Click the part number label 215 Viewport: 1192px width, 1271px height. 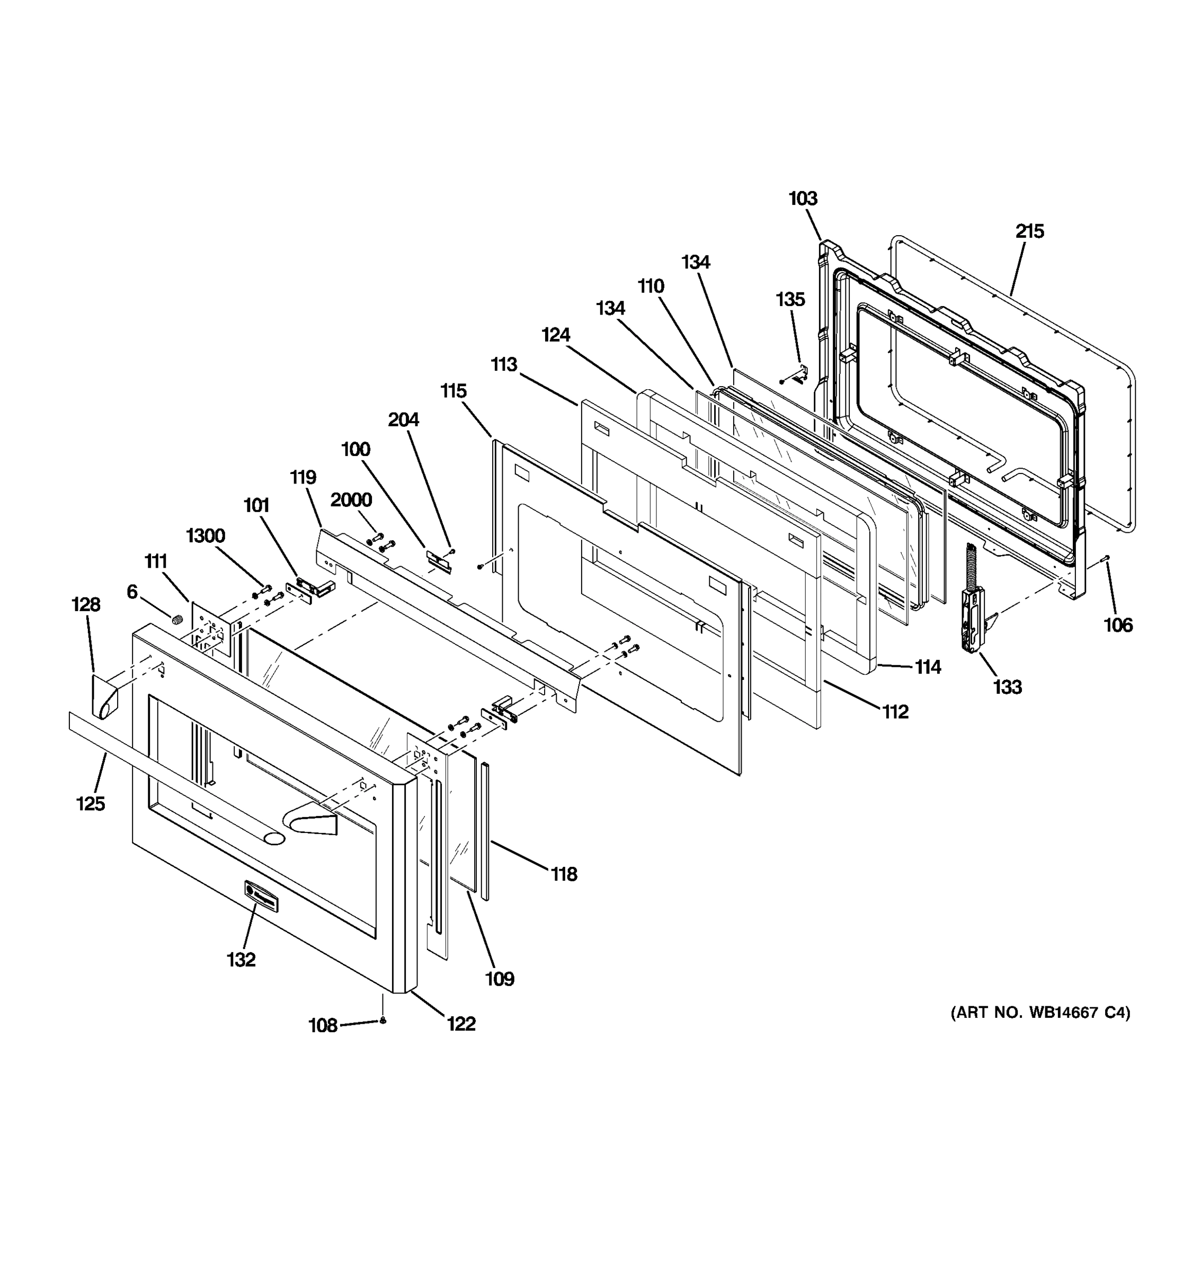coord(1029,231)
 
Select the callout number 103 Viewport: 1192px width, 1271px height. coord(803,199)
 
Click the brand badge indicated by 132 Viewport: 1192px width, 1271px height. coord(261,895)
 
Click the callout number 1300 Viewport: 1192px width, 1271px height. coord(205,536)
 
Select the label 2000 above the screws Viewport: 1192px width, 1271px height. coord(351,500)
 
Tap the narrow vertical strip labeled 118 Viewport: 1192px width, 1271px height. coord(485,831)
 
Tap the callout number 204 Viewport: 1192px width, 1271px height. coord(404,420)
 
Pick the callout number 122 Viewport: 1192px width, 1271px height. coord(461,1024)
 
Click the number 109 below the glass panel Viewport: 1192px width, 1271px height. coord(500,979)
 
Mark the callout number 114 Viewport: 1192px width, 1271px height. coord(927,667)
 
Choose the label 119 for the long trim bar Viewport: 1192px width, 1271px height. coord(303,478)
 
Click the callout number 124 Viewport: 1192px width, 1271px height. coord(556,335)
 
